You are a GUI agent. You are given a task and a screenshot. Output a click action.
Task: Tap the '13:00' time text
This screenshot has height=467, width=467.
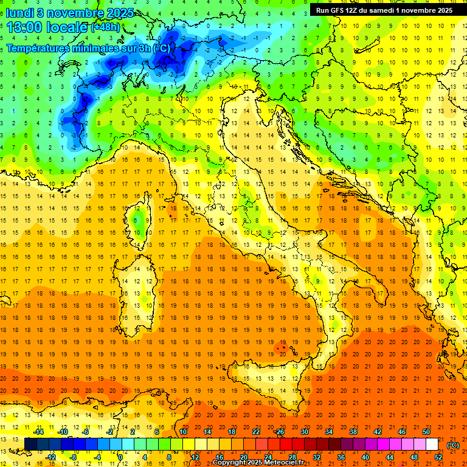click(24, 27)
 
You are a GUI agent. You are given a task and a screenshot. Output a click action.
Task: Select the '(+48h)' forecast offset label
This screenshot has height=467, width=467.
click(106, 27)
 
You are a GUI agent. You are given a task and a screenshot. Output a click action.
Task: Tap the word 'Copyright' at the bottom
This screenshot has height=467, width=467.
click(229, 463)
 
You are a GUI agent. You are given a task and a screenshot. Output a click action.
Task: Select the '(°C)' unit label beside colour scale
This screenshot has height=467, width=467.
click(453, 445)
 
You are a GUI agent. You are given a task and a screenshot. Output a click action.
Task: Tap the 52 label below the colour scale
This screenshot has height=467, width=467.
click(438, 457)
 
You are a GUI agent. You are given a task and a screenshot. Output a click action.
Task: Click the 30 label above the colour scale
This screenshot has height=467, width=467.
click(304, 432)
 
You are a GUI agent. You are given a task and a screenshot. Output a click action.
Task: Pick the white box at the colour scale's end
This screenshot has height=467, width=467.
click(432, 445)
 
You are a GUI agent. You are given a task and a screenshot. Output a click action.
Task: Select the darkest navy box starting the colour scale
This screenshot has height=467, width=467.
click(30, 445)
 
